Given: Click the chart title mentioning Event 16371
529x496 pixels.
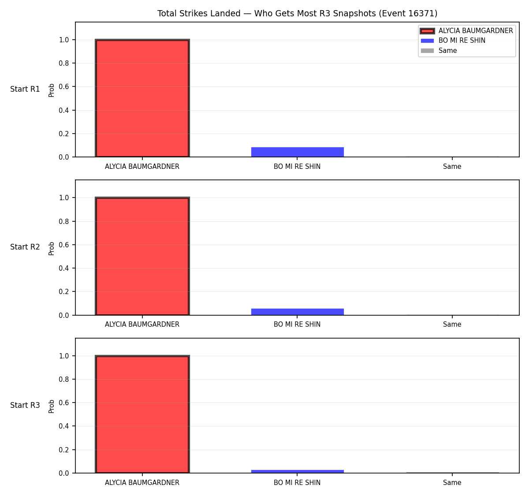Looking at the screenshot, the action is coord(297,13).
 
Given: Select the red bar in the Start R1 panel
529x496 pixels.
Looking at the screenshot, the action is coord(142,98).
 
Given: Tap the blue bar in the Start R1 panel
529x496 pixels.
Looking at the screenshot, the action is coord(297,152).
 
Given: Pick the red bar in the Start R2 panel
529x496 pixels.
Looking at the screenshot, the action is coord(142,256).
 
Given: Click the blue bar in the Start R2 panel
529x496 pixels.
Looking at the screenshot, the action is coord(297,312).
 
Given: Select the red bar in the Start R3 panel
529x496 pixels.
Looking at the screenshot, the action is coord(142,414).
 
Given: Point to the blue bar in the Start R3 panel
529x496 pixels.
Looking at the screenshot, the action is coord(297,471).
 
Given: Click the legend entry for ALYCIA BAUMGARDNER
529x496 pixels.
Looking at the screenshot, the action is coord(466,31).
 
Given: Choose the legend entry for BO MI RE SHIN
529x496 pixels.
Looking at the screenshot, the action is coord(453,41).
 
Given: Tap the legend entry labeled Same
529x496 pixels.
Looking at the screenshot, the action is coord(439,51).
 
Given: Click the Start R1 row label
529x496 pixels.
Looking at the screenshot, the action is coord(25,89).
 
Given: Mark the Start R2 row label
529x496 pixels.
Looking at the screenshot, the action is coord(25,247).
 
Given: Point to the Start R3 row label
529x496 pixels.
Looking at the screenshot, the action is coord(25,405).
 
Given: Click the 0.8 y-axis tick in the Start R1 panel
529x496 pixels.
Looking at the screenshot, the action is coord(63,63).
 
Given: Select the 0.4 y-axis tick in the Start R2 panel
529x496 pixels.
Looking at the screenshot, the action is coord(63,268).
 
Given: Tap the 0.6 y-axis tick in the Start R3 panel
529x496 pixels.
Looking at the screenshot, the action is coord(63,403).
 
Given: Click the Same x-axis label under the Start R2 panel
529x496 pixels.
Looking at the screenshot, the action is coord(452,324).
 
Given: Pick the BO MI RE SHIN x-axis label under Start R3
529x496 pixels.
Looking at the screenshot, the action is coord(297,482).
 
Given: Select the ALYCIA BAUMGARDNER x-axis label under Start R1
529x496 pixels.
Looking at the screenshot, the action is coord(142,167).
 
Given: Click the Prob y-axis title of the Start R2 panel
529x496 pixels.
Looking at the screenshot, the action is coord(51,249).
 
